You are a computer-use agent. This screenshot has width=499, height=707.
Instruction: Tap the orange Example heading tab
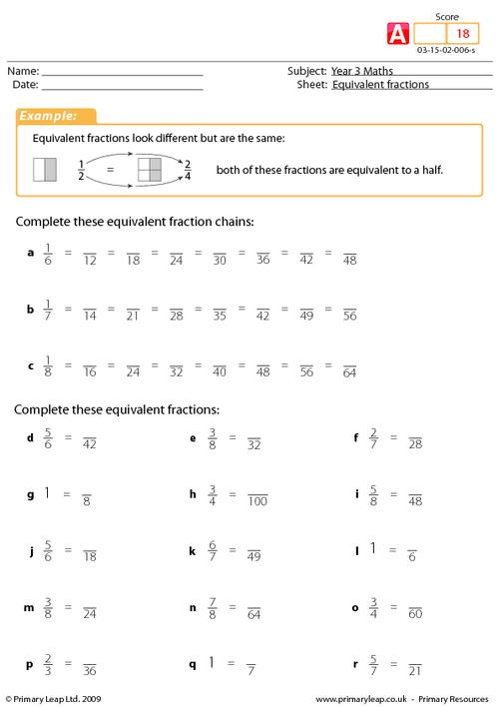point(54,117)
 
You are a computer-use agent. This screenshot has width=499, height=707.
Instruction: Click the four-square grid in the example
point(148,170)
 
